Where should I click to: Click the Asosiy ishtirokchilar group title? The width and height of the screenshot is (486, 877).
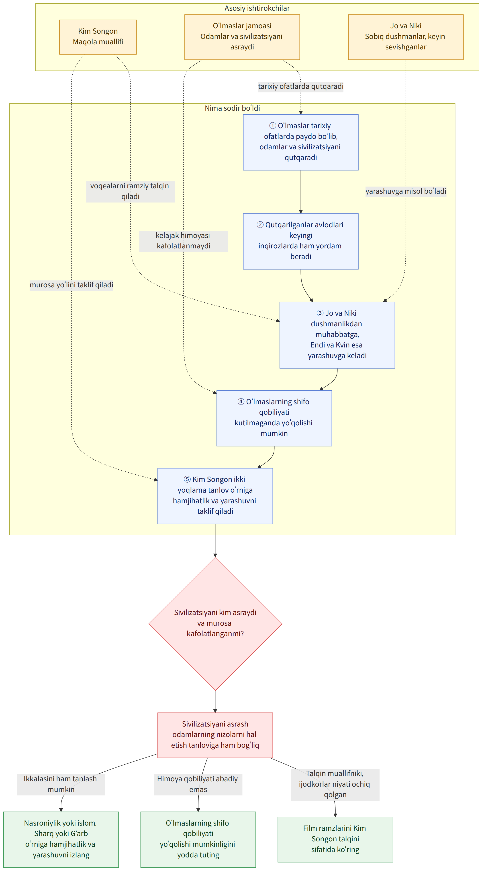click(257, 8)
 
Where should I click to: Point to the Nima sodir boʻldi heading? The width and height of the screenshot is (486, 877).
click(232, 108)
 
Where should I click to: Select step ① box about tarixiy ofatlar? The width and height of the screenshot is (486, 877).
click(301, 142)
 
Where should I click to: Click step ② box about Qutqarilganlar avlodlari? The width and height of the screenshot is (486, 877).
click(301, 241)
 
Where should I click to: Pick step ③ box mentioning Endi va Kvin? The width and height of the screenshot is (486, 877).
click(337, 335)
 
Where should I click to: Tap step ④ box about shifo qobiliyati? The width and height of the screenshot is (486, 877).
click(274, 418)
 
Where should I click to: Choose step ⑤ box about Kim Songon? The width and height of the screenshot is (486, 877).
click(215, 496)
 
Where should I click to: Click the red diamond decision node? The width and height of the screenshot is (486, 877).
click(215, 624)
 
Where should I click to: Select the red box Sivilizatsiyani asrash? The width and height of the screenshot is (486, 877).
click(215, 735)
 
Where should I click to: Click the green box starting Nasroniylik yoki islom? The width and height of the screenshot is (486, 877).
click(61, 839)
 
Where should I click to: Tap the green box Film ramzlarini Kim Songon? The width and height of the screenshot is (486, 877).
click(335, 839)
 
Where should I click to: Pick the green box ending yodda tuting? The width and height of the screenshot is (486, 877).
click(198, 839)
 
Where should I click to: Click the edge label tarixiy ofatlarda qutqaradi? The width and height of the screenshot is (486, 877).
click(301, 86)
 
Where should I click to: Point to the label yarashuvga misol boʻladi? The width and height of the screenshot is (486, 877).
click(406, 191)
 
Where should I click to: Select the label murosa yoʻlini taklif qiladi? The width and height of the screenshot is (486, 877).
click(71, 285)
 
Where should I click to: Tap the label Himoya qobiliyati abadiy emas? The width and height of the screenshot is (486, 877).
click(198, 784)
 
